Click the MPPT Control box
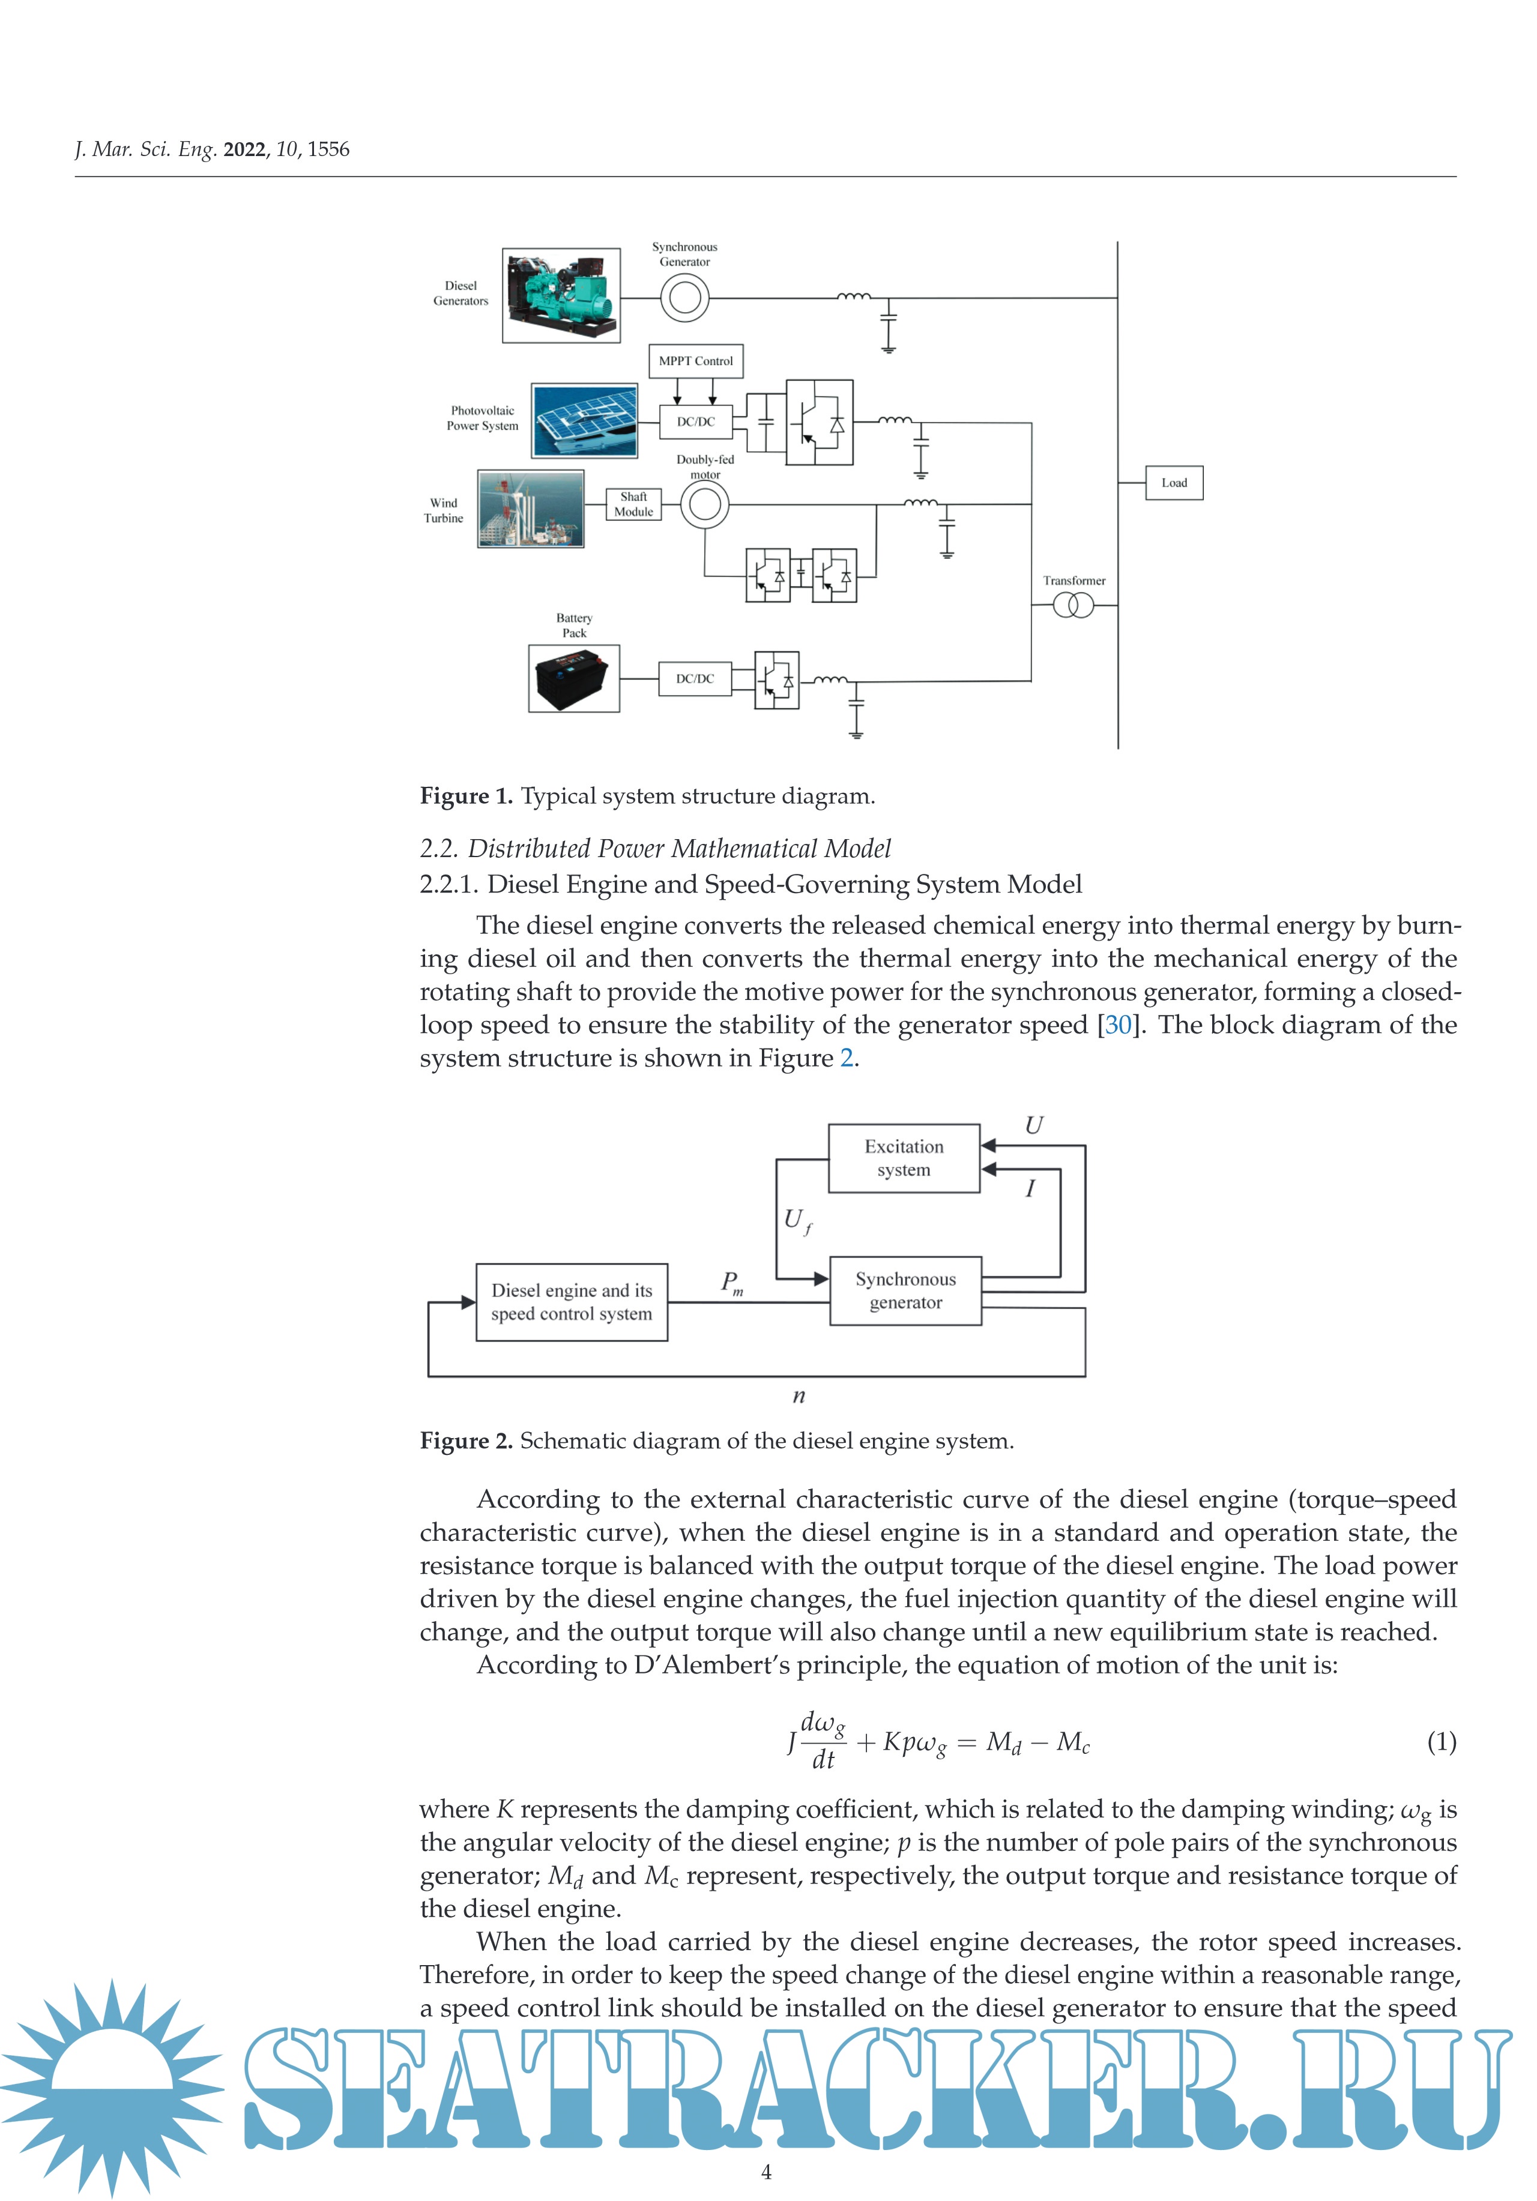[695, 361]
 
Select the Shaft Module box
[634, 504]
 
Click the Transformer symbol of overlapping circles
[1073, 606]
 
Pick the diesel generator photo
[561, 295]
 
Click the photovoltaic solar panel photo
[585, 421]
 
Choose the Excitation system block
[903, 1158]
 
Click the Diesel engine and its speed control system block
[572, 1302]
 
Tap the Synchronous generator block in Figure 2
[905, 1290]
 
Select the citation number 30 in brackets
[1118, 1025]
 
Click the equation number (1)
[1441, 1741]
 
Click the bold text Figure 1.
[466, 796]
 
